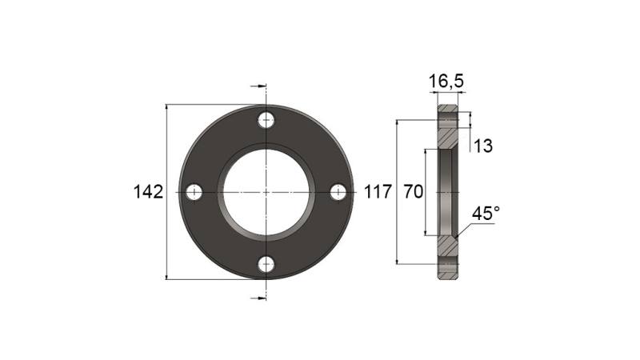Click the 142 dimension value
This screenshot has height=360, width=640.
(x=148, y=192)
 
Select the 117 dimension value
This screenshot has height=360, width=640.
(x=378, y=192)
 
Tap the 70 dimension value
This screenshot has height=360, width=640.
(x=413, y=192)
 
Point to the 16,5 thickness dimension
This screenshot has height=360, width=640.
(x=446, y=82)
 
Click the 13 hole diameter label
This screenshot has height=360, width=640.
(x=482, y=146)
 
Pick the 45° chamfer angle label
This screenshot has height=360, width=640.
(x=486, y=214)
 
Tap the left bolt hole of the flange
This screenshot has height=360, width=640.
(x=194, y=192)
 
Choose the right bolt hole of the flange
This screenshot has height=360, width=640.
(x=338, y=192)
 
